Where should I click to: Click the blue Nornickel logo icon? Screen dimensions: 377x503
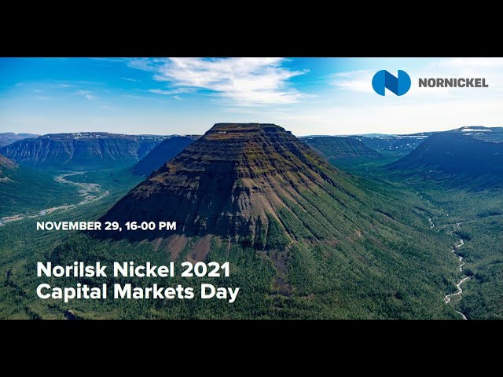coord(391,82)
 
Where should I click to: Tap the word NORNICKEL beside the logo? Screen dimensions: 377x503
coord(453,82)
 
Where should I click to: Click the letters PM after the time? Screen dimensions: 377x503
coord(167,226)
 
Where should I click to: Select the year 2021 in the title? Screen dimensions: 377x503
coord(205,270)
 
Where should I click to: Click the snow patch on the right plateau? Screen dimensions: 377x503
coord(475,130)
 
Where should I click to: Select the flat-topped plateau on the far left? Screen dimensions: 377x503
coord(79,145)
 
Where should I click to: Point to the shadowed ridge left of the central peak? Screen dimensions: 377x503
coord(165,153)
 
